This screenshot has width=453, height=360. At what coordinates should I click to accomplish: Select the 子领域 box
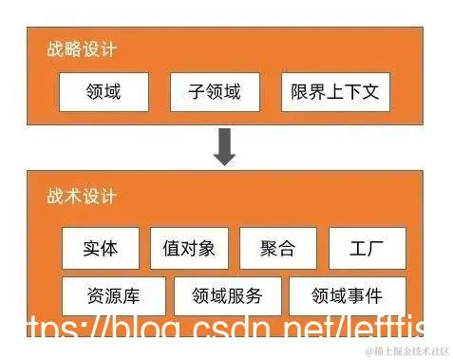coord(214,93)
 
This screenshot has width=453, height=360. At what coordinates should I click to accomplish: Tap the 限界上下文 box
coord(335,93)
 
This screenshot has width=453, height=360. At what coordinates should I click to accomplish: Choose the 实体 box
coord(101,249)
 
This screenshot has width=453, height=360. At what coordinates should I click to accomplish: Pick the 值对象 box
coord(189,249)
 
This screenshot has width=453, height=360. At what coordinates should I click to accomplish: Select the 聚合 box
coord(277,249)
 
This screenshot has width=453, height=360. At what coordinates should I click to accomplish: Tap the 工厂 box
coord(367,249)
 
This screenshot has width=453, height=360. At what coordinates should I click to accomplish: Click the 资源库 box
coord(114,295)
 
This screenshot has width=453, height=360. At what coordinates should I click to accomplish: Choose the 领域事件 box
coord(347,295)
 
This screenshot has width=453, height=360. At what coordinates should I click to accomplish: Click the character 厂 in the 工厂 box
coord(377,249)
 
